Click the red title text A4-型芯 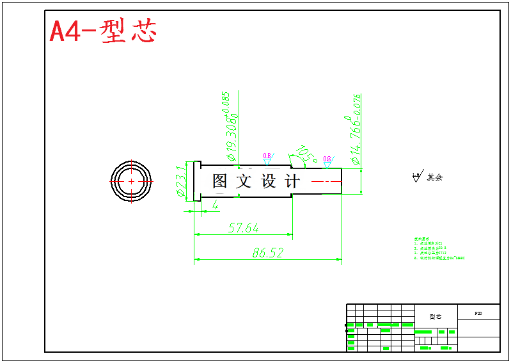pyautogui.click(x=102, y=31)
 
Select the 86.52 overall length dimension pyautogui.click(x=267, y=253)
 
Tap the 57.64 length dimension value pyautogui.click(x=243, y=228)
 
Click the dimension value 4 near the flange pyautogui.click(x=216, y=205)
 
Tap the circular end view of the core pyautogui.click(x=131, y=181)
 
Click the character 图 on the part pyautogui.click(x=220, y=181)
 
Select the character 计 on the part pyautogui.click(x=292, y=181)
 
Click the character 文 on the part pyautogui.click(x=244, y=181)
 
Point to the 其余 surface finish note pyautogui.click(x=435, y=177)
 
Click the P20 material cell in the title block pyautogui.click(x=478, y=314)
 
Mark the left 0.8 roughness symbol pyautogui.click(x=267, y=158)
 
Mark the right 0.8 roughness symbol pyautogui.click(x=327, y=161)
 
